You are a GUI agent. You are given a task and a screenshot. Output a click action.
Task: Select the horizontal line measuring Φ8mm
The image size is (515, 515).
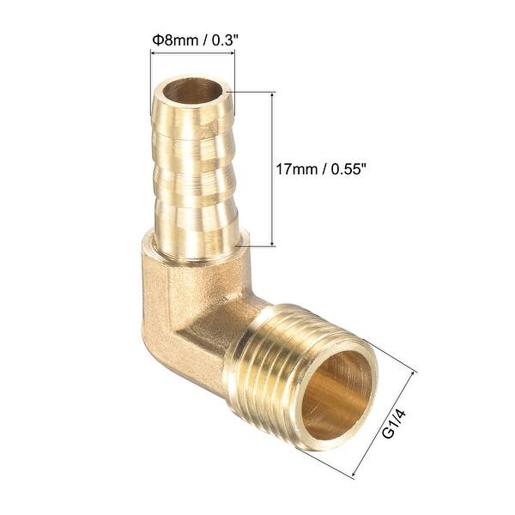point(192,53)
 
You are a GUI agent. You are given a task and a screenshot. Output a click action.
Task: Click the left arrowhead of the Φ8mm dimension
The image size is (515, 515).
point(154,53)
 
